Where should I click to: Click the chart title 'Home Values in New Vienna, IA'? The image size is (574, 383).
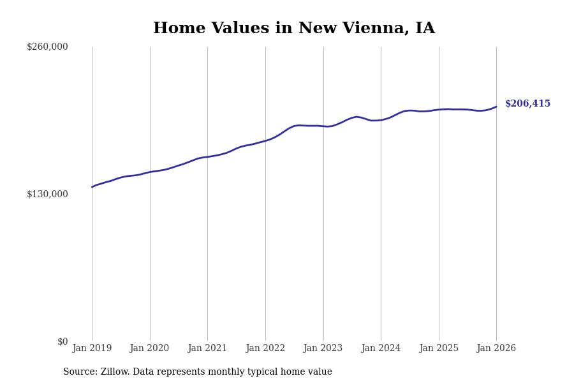coord(293,29)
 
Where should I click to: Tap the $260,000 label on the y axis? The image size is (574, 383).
coord(47,47)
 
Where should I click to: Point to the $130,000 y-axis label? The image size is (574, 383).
coord(47,194)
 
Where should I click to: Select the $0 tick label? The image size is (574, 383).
coord(63,342)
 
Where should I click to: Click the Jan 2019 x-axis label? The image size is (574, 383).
coord(92,349)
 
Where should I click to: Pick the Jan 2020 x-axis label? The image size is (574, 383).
coord(149,349)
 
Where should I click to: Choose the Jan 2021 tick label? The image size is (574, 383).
coord(207,349)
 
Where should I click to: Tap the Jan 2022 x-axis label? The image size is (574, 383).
coord(265,349)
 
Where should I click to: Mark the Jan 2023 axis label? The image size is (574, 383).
coord(323,349)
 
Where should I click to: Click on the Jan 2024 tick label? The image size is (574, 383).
coord(381,349)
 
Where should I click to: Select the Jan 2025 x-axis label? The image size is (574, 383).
coord(439,349)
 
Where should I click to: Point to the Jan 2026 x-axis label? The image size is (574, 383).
coord(496,349)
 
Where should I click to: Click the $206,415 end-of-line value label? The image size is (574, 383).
coord(527,104)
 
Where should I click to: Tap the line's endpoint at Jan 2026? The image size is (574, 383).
coord(496,107)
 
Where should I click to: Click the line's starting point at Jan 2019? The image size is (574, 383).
coord(92,187)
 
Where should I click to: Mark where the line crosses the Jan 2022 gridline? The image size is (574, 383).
coord(265,140)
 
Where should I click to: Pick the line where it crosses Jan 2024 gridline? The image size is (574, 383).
coord(381,120)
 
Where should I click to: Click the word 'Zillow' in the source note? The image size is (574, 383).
coord(117,372)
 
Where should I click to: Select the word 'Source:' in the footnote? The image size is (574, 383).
coord(80,372)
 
